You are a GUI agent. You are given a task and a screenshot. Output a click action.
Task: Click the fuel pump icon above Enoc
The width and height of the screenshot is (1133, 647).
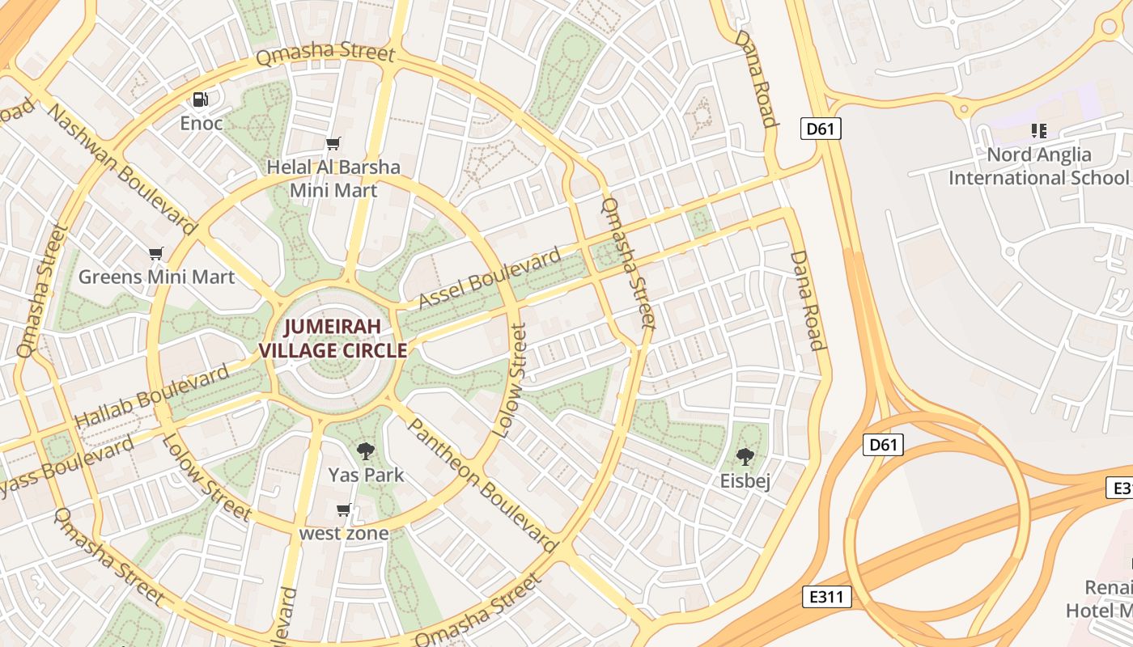click(200, 99)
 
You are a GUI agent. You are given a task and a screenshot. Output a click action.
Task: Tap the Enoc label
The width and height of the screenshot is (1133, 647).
click(201, 123)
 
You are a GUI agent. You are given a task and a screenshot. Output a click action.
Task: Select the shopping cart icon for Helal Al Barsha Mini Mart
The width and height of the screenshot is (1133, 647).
click(333, 144)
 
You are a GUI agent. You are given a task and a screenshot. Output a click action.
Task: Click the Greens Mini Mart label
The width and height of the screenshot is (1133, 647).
click(156, 277)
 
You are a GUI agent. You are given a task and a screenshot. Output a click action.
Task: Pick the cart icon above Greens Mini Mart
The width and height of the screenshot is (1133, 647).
click(156, 254)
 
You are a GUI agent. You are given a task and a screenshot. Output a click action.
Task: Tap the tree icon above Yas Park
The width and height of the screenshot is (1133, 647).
click(366, 451)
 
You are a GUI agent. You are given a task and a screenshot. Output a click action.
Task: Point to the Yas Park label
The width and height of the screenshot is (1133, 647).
click(366, 474)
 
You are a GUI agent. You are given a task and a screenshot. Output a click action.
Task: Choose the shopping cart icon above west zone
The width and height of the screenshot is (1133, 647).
click(344, 510)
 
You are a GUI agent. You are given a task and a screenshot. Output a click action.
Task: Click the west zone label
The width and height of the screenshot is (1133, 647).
click(344, 533)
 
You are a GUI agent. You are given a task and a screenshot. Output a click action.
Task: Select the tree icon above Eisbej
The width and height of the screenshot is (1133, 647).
click(745, 457)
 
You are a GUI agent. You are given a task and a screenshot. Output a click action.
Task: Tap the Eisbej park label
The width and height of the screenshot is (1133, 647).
click(745, 480)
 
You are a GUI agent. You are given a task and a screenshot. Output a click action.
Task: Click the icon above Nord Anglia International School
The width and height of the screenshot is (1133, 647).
click(1039, 131)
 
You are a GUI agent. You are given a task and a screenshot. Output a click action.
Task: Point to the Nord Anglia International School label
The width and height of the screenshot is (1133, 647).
click(1039, 166)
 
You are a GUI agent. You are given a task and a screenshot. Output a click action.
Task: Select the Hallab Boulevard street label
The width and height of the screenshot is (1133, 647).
click(151, 396)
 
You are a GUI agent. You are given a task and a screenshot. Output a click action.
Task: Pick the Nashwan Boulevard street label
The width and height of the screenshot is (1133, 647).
click(121, 167)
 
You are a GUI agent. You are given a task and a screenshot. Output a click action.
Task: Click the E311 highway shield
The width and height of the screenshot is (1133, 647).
click(828, 597)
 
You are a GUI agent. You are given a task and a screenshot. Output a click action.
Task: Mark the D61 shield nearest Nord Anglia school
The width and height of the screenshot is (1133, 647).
click(821, 128)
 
